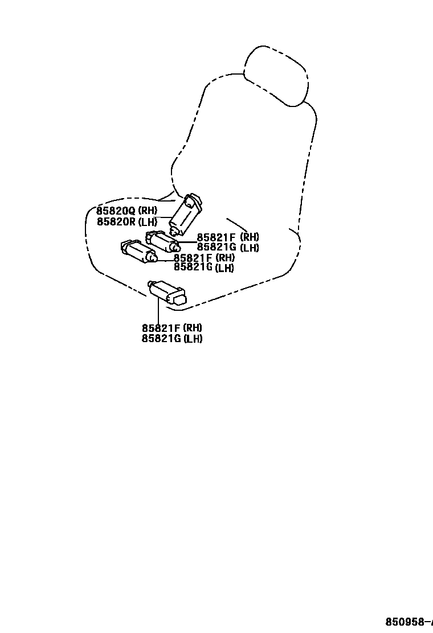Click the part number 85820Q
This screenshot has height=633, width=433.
pos(116,211)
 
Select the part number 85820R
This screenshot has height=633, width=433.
pos(116,221)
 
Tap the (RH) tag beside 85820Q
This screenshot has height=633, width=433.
pos(147,211)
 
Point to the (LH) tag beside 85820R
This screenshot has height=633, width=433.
pos(147,221)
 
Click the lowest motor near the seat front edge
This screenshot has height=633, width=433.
pos(166,291)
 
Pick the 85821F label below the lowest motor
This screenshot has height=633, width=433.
pos(161,328)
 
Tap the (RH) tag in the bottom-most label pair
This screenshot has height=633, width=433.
pos(193,328)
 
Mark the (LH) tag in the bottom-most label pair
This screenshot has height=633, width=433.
pos(193,339)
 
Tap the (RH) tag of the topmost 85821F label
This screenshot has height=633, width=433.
pos(249,237)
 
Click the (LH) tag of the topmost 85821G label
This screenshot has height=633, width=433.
pos(249,248)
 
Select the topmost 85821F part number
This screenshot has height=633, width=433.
pos(216,237)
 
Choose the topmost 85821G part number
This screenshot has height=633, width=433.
pos(217,248)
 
